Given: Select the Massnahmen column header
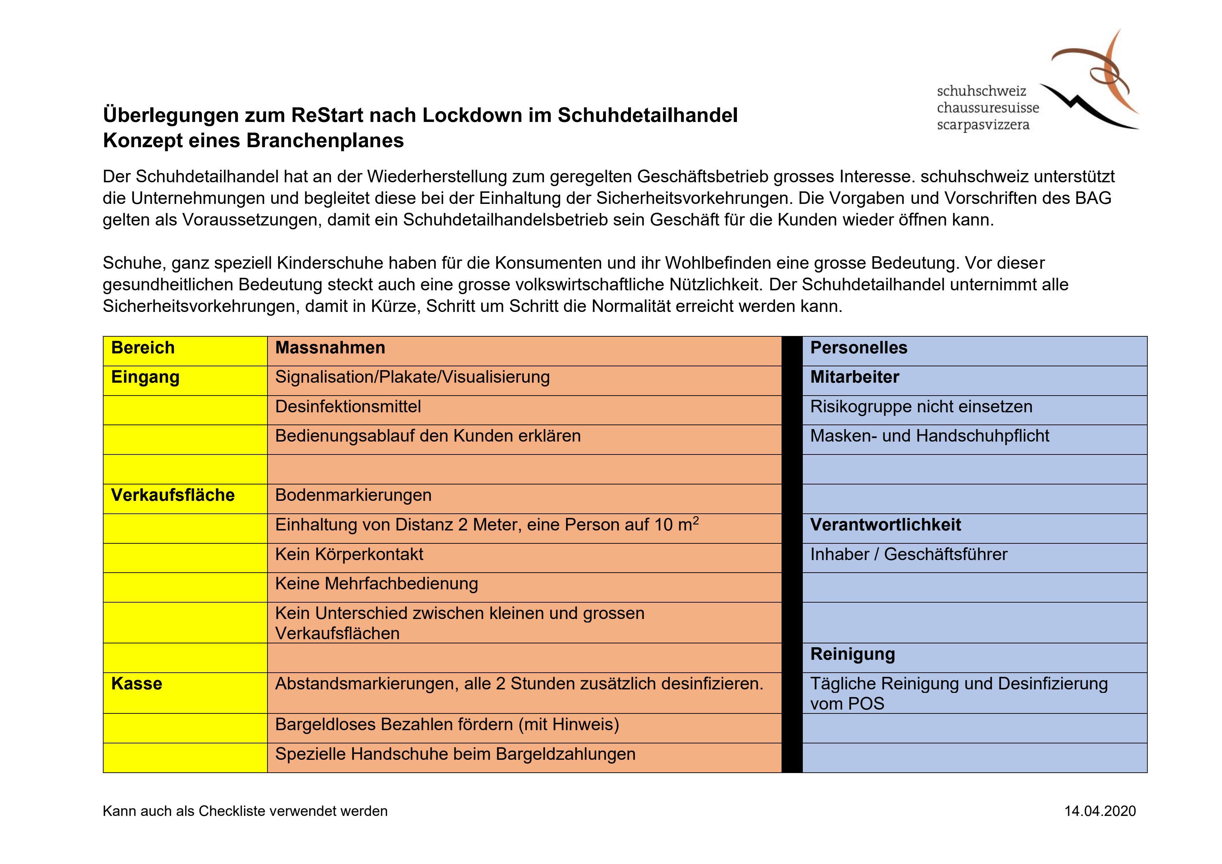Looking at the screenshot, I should click(x=330, y=348).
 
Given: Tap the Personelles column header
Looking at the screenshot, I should click(x=859, y=348).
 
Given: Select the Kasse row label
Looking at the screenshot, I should click(x=136, y=684).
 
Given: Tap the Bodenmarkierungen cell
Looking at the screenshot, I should click(x=353, y=495).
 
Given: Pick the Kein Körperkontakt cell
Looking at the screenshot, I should click(x=349, y=555).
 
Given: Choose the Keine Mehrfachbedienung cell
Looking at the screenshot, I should click(x=376, y=584).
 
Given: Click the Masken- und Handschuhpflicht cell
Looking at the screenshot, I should click(x=929, y=436).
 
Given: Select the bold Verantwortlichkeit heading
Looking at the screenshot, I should click(x=885, y=525).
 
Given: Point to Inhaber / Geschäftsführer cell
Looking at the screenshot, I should click(x=908, y=555).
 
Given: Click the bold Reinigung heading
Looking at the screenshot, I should click(x=852, y=655).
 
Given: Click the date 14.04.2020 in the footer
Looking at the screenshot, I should click(x=1100, y=811).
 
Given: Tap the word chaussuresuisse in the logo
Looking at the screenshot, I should click(x=988, y=108).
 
